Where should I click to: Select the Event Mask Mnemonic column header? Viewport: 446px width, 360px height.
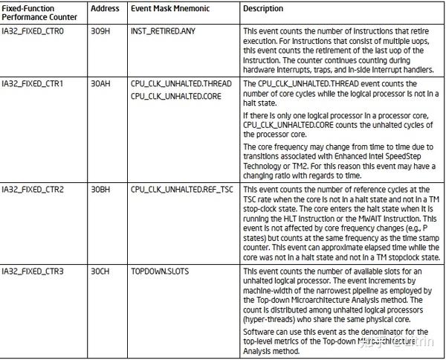click(169, 9)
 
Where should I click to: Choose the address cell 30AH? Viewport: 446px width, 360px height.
click(100, 85)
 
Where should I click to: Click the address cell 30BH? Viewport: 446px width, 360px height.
click(100, 190)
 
